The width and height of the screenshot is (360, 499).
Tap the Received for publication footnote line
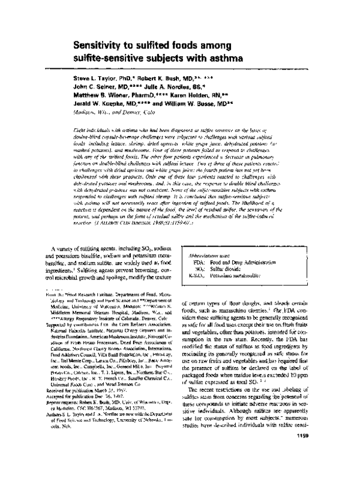(x=78, y=408)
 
